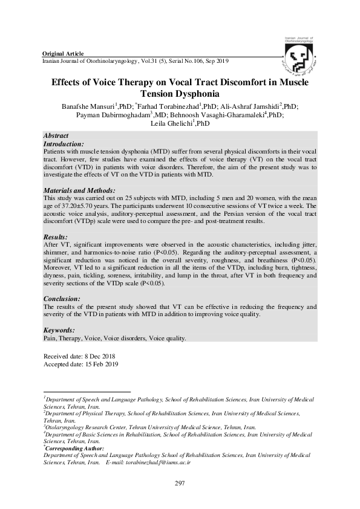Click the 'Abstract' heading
56,135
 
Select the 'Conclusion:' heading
62,299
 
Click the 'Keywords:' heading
59,330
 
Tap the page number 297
179,482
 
